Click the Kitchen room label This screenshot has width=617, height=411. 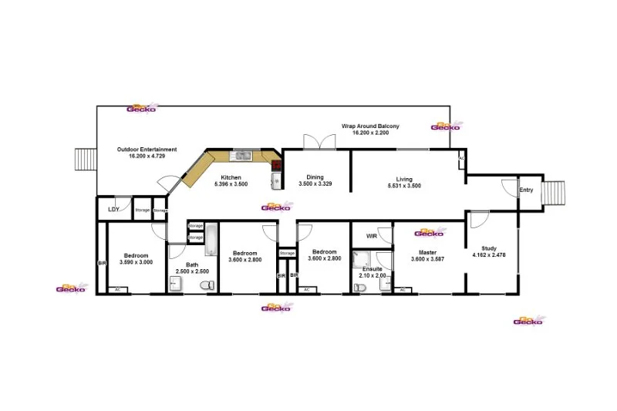(231, 177)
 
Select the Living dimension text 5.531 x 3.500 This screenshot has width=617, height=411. (403, 185)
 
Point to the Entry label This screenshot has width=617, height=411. (526, 190)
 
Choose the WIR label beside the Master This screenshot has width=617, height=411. (371, 236)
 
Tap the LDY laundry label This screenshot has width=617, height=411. (113, 209)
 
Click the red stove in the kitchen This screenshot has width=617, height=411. (276, 164)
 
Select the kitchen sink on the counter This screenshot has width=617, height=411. (244, 156)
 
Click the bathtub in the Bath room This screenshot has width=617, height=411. (211, 240)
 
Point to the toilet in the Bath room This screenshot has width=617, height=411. (206, 286)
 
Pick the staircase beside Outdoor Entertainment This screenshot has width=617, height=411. (83, 160)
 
